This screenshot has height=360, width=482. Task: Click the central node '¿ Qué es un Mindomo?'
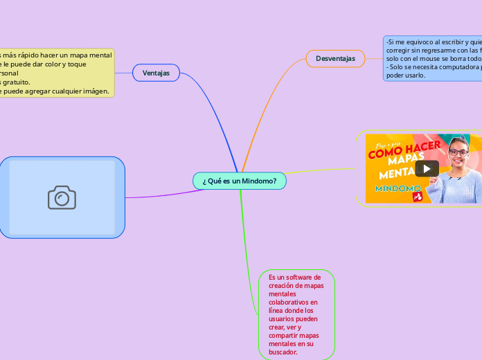(x=240, y=181)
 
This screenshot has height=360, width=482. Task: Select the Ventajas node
(x=156, y=73)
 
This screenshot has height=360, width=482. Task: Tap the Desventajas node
(x=335, y=59)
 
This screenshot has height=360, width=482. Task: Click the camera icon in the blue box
(x=62, y=197)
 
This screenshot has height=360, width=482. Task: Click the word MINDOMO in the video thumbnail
(x=398, y=188)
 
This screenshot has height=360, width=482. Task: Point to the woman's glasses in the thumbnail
(x=458, y=152)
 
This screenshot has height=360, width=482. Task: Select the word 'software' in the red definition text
(x=298, y=277)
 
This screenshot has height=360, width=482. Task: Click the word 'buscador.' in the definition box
(x=283, y=352)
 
